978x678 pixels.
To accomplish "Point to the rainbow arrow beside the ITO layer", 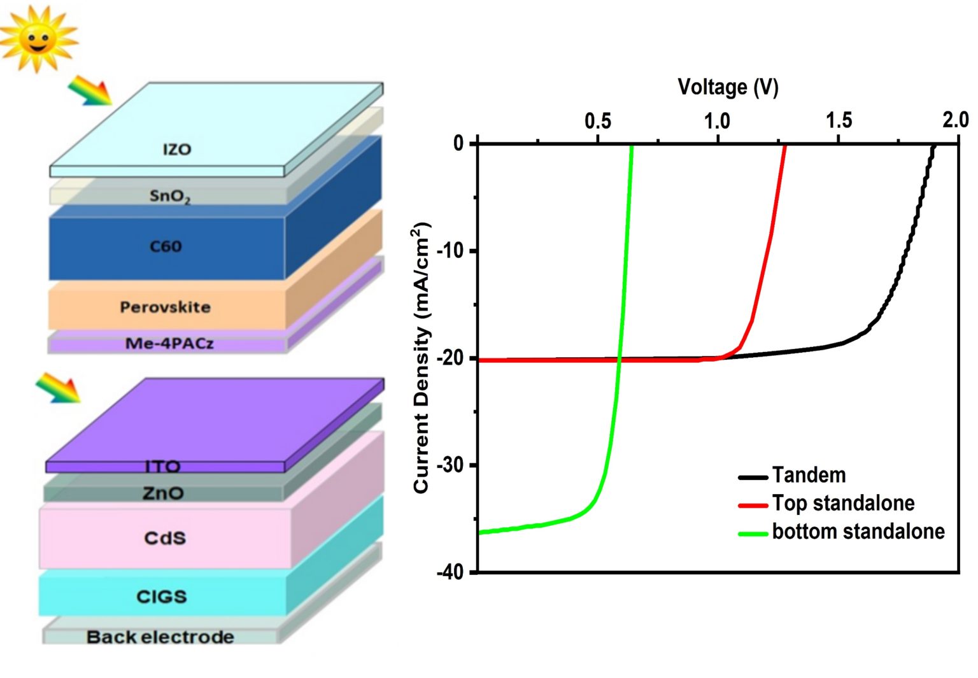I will click(58, 388).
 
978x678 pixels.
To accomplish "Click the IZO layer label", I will click(176, 150).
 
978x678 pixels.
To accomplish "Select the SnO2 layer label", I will click(169, 196).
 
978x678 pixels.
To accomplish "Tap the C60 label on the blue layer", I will click(166, 246).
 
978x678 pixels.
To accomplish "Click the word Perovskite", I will click(165, 307).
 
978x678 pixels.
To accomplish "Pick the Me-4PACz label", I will click(169, 344).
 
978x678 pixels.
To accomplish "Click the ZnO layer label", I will click(163, 493).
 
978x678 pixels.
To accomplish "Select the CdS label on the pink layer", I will click(165, 538).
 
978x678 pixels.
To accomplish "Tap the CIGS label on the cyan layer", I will click(162, 597).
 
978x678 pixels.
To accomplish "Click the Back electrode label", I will click(160, 637).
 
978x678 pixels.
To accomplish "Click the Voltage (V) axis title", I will click(728, 87).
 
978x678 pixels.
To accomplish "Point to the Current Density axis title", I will click(422, 357).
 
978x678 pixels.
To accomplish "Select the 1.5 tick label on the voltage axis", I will click(839, 120).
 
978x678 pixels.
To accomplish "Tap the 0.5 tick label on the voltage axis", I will click(597, 120).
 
